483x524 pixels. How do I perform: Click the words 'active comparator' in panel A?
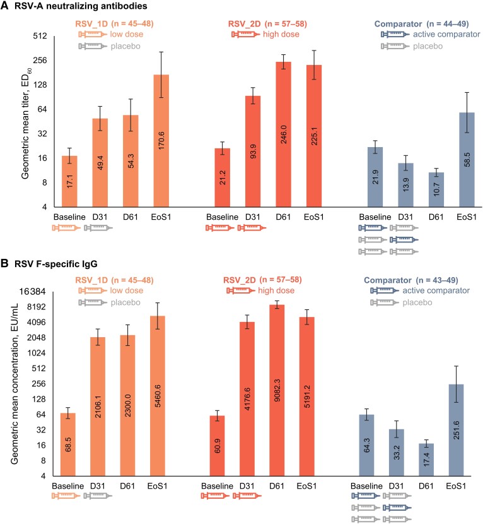pyautogui.click(x=445, y=35)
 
